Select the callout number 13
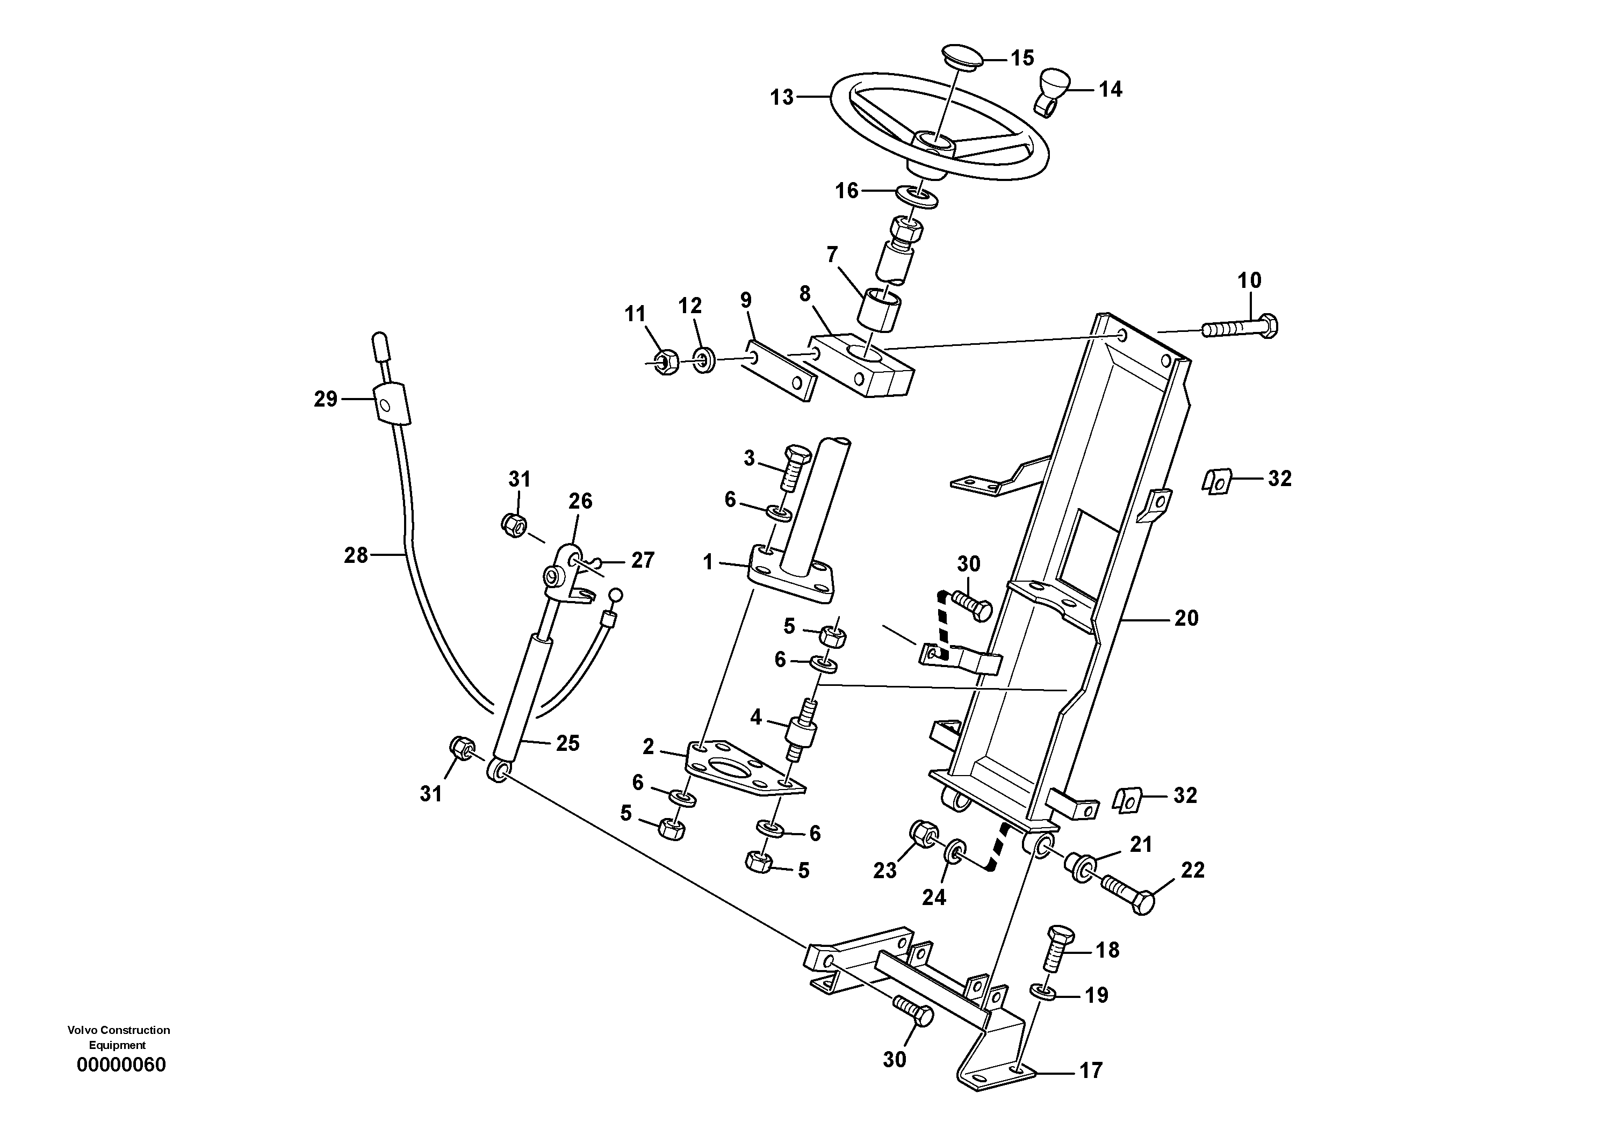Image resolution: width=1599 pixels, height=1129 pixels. [x=781, y=97]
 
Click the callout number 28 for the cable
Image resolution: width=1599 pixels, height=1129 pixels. [x=355, y=555]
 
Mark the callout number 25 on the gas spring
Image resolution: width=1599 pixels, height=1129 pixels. [x=567, y=743]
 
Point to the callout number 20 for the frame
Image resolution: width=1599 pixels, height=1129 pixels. [x=1186, y=618]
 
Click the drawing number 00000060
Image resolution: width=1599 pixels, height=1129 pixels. [x=121, y=1065]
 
